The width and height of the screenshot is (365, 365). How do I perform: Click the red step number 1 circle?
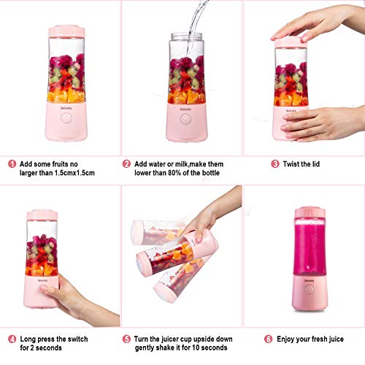click(x=12, y=164)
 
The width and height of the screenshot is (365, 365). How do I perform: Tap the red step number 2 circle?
click(x=126, y=164)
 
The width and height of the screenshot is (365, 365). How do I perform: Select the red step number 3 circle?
click(x=275, y=164)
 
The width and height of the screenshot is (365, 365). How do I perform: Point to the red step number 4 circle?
click(x=12, y=339)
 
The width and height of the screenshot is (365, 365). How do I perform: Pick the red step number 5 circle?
click(x=126, y=339)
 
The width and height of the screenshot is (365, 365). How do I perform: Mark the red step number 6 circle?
click(x=268, y=339)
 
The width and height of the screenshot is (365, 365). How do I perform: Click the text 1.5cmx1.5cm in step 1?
click(x=74, y=173)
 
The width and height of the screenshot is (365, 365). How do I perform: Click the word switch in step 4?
click(x=77, y=339)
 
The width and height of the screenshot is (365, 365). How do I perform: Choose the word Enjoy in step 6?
click(x=285, y=339)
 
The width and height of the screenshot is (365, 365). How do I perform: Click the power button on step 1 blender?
click(x=66, y=118)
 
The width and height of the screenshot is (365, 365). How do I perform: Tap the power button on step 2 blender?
click(x=185, y=119)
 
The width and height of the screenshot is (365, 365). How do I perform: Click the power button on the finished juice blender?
click(x=309, y=290)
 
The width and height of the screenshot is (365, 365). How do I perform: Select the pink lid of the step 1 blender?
click(x=66, y=31)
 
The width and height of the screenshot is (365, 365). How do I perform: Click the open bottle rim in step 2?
click(x=187, y=36)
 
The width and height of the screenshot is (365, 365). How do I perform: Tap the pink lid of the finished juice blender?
click(x=310, y=212)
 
